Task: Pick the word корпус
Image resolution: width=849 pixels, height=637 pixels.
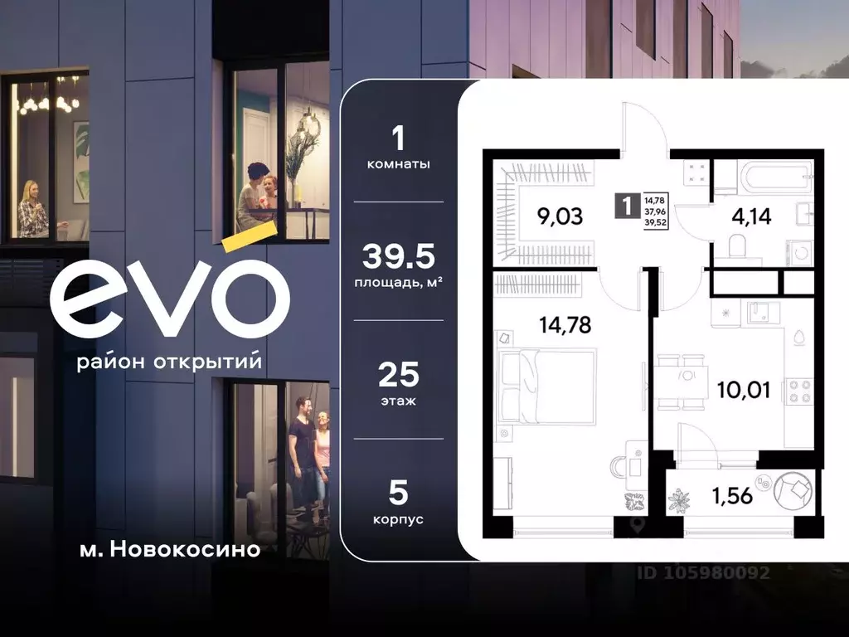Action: pos(399,518)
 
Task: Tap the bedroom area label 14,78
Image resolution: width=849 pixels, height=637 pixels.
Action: pos(565,324)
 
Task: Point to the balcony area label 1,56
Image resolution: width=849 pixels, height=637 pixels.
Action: pos(730,497)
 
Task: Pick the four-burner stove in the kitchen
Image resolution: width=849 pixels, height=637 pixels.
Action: pos(800,390)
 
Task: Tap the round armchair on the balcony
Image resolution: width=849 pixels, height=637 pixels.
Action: pos(794,490)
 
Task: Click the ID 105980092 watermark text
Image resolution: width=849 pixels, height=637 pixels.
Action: pos(703,572)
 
